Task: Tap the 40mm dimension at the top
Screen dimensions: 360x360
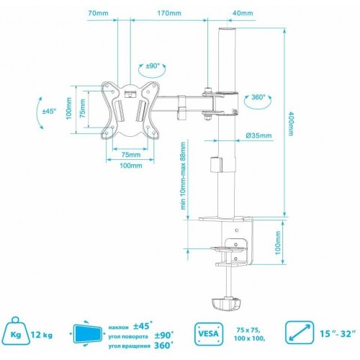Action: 243,14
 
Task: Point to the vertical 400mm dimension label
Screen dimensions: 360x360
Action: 291,125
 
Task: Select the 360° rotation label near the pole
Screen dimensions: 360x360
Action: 258,97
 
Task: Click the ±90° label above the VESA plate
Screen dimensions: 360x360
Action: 153,66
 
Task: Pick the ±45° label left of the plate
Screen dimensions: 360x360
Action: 49,112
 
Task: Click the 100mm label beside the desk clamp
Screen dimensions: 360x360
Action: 279,244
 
